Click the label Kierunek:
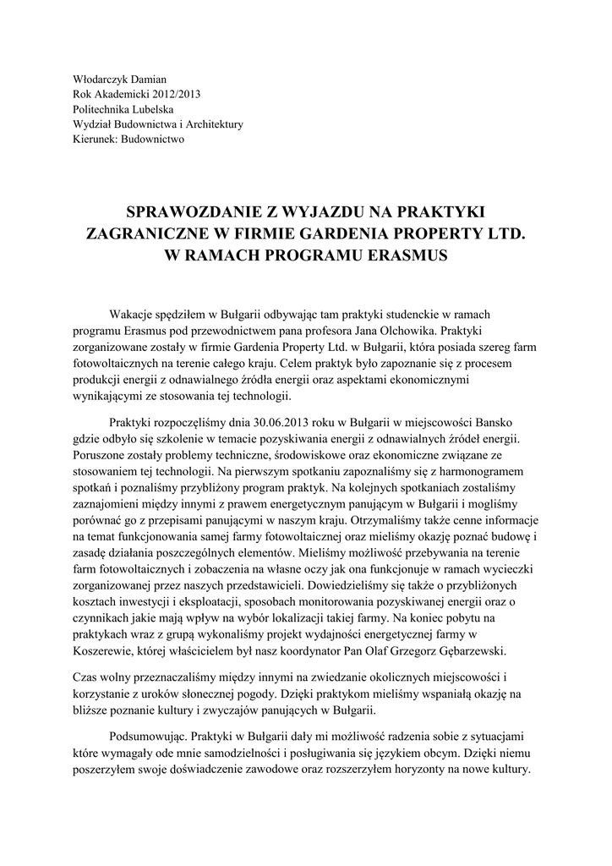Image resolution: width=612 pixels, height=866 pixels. (97, 140)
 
